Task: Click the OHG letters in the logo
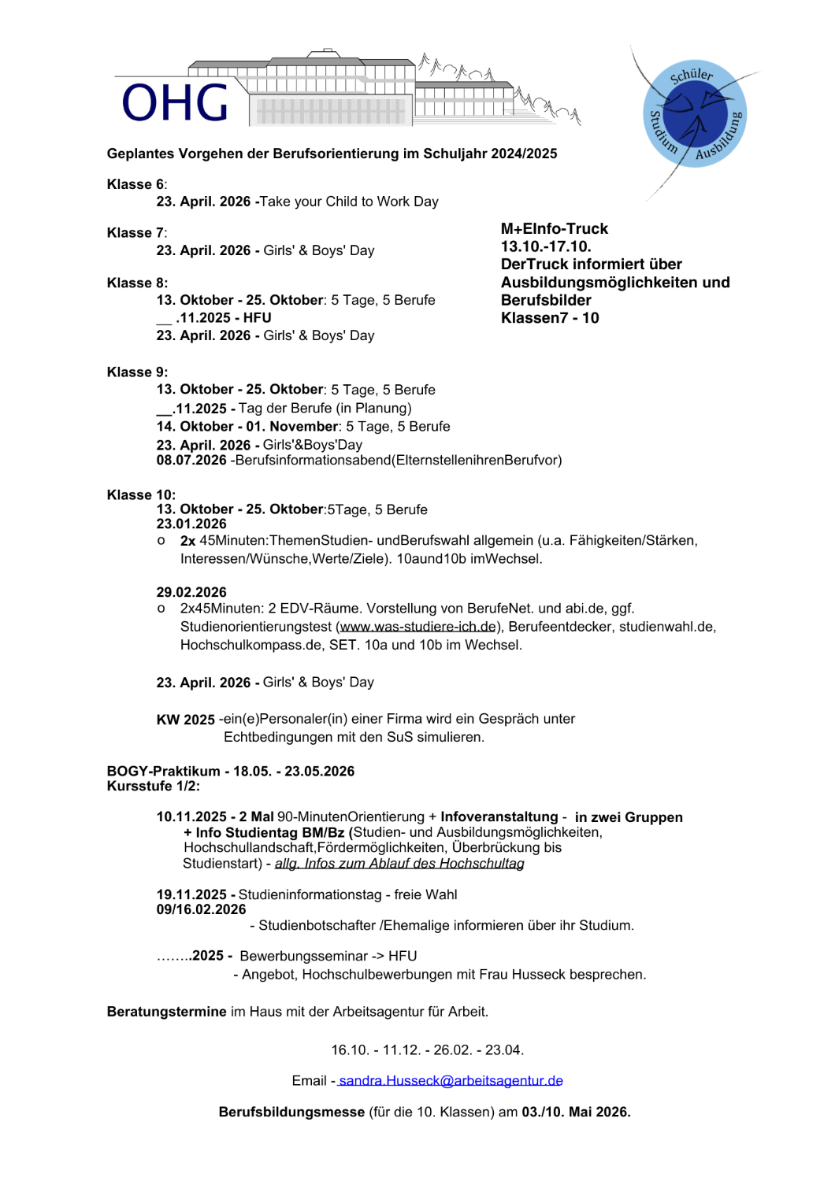point(175,103)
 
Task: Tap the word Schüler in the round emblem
point(691,75)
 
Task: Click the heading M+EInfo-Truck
point(555,229)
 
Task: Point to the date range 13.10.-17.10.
point(546,246)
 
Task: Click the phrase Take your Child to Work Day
point(349,202)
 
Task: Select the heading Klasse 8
point(137,283)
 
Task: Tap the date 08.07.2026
point(191,460)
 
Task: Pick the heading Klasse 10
point(141,494)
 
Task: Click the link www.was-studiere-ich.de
point(418,627)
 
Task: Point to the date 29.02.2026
point(191,592)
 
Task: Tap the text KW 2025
point(186,720)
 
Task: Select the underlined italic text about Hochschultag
point(399,864)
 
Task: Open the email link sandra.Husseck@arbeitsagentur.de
point(451,1081)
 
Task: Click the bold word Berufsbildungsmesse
point(291,1112)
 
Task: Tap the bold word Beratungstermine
point(166,1012)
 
